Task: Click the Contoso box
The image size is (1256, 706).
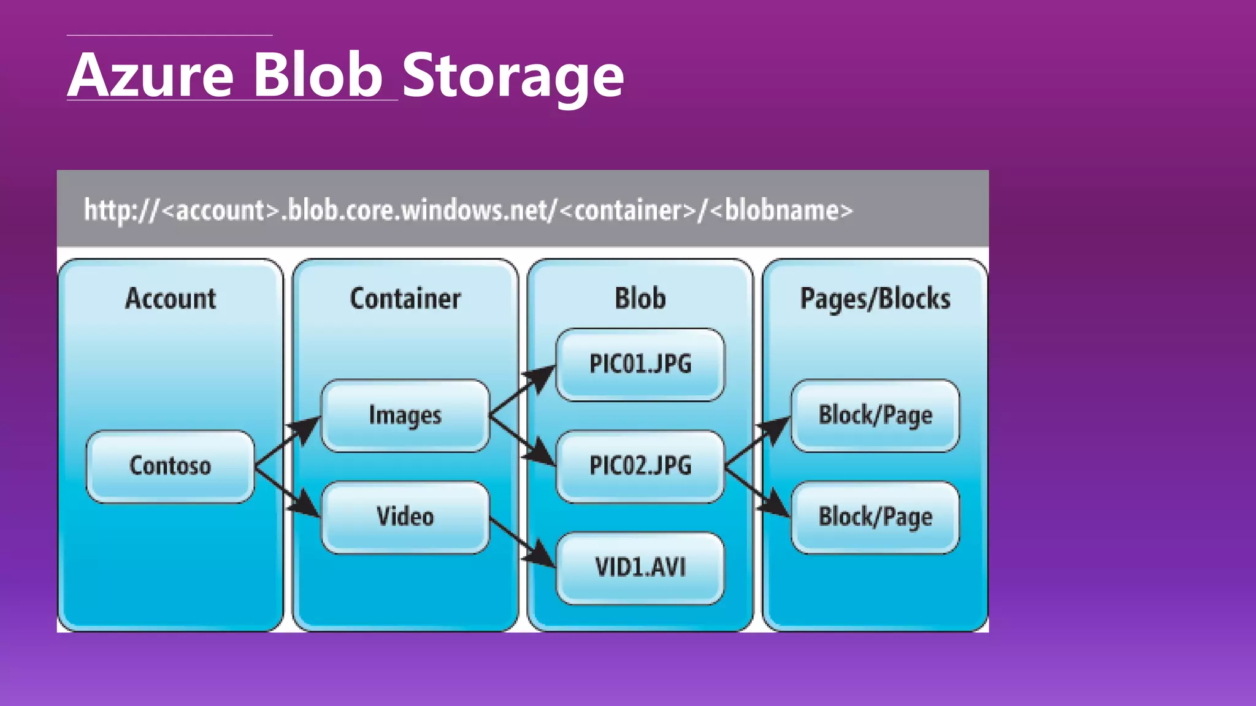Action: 170,466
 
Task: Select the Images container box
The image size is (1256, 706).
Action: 405,416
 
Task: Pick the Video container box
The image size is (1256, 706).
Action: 405,517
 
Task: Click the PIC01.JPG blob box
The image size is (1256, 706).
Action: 640,364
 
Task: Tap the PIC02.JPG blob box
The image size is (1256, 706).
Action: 640,466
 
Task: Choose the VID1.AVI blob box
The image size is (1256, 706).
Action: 640,567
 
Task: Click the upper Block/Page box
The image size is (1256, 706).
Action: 875,416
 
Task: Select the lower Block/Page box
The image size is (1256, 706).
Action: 875,517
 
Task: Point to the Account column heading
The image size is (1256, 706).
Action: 170,299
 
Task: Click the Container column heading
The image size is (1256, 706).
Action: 405,299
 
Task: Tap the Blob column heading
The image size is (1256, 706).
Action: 640,299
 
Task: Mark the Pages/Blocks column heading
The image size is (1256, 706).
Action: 875,299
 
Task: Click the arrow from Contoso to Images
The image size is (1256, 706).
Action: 287,441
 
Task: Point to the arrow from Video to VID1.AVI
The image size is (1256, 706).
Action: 523,543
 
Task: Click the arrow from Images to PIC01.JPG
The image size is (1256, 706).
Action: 523,390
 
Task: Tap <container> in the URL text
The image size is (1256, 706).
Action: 628,211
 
